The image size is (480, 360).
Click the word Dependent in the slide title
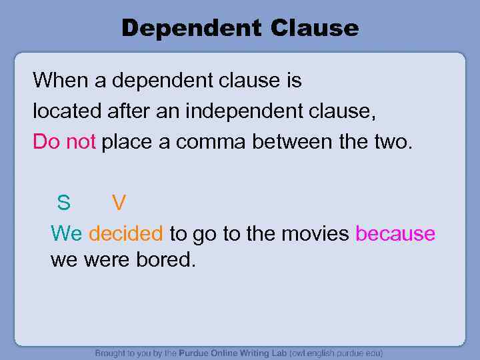[191, 28]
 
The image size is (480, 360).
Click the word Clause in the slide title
[315, 28]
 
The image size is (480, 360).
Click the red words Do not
[65, 141]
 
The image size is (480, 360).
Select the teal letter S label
[63, 201]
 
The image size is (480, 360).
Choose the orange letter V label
[119, 201]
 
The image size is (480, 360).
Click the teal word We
[67, 233]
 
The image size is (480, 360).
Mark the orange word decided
[125, 233]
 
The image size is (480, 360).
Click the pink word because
[395, 233]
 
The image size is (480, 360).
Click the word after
[128, 111]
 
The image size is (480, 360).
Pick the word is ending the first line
[293, 81]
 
